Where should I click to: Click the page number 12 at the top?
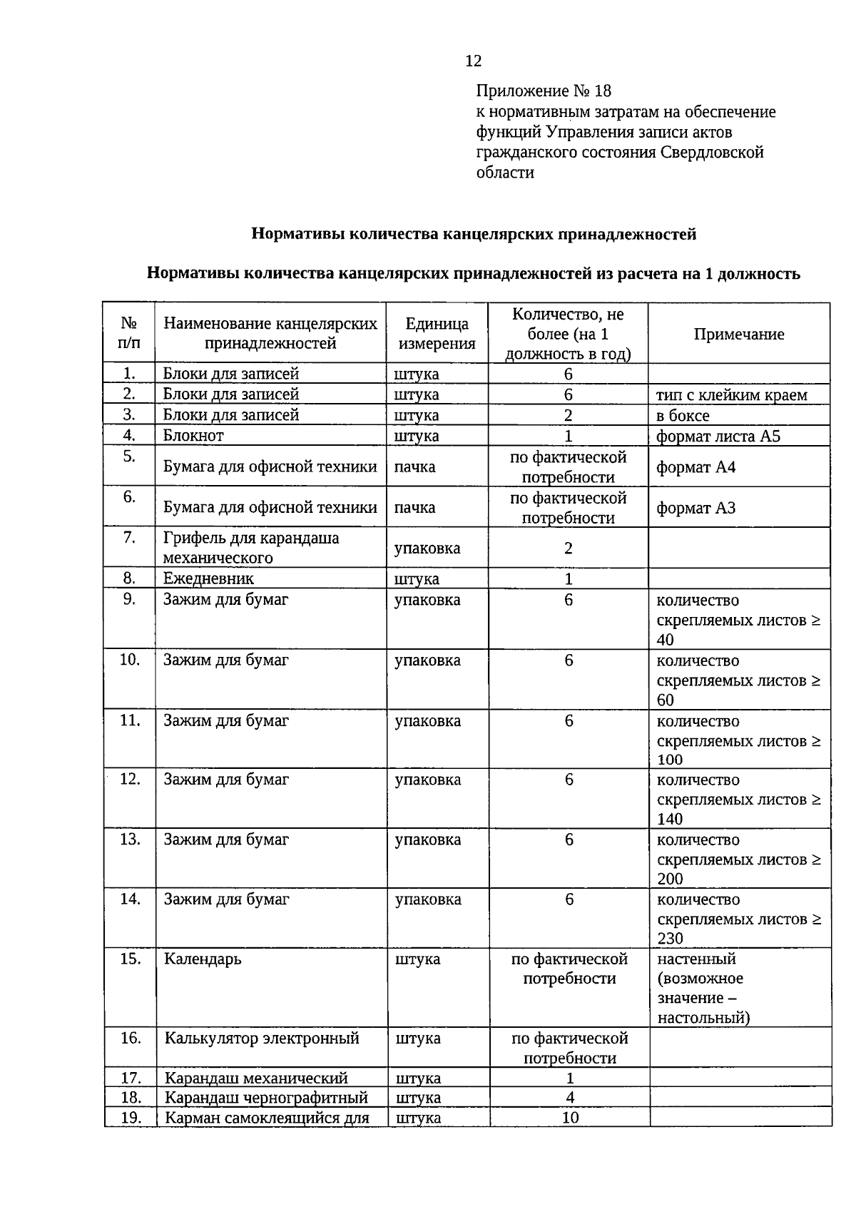473,61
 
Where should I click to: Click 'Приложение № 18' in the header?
544,91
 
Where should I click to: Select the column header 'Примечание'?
739,334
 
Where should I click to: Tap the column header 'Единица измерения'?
437,333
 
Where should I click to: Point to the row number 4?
129,434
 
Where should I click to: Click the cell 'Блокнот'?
193,435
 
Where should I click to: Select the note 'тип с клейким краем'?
731,394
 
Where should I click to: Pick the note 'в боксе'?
683,415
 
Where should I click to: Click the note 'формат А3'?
695,508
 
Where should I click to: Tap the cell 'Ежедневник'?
208,578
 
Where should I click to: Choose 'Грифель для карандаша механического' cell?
251,548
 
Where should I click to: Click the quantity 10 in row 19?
570,1117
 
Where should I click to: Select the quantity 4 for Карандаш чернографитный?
569,1097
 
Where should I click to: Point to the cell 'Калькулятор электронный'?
262,1038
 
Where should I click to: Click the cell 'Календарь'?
203,959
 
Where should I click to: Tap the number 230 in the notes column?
671,939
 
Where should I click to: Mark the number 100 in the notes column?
670,760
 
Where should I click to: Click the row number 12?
130,780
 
